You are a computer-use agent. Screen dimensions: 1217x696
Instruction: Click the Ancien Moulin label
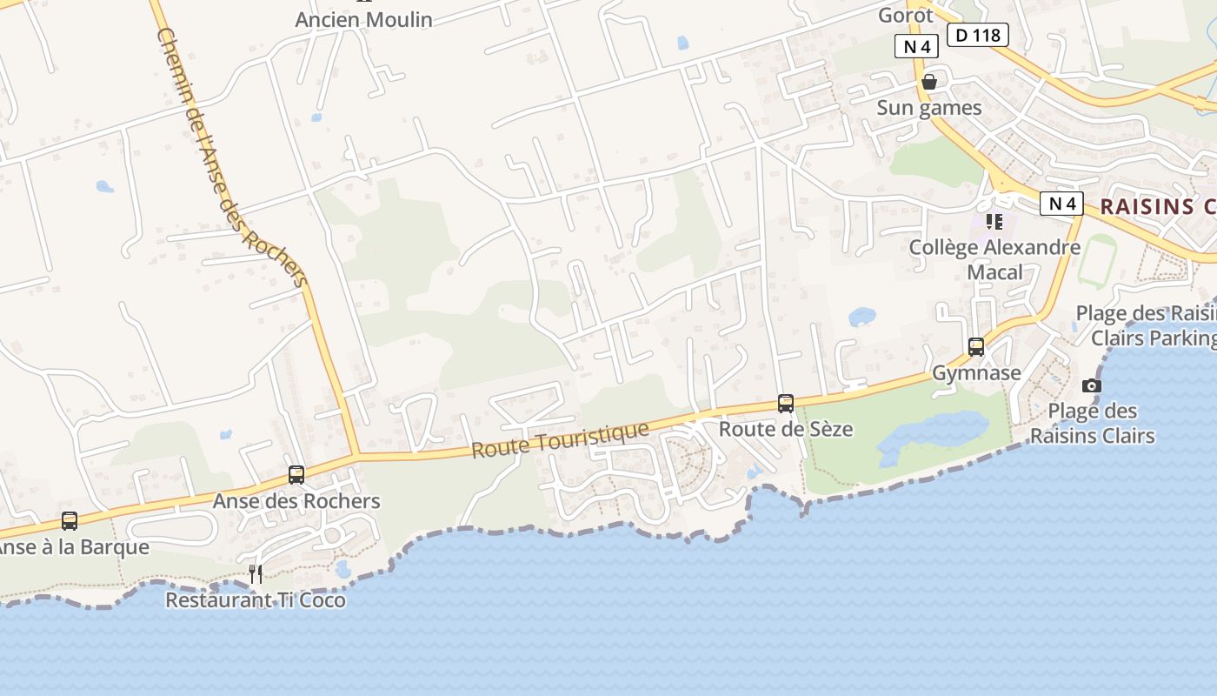[x=363, y=19]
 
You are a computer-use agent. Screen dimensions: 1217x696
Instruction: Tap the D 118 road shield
[x=977, y=35]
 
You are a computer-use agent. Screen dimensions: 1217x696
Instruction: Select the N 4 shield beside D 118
[x=916, y=46]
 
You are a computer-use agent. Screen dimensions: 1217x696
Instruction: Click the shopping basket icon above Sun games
[x=929, y=82]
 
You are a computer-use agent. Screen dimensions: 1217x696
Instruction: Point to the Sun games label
[x=928, y=108]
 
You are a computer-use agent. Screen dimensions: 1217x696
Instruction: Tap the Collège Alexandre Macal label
[x=994, y=259]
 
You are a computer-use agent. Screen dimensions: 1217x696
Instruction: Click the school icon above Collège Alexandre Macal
[x=994, y=222]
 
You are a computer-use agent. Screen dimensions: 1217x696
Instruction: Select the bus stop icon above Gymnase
[x=976, y=347]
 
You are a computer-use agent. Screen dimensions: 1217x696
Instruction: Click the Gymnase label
[x=976, y=373]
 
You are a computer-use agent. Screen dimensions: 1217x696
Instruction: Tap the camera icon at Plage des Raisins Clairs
[x=1092, y=385]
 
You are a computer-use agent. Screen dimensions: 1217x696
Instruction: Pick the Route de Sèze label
[x=786, y=429]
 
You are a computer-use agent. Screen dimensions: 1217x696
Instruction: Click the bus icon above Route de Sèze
[x=786, y=403]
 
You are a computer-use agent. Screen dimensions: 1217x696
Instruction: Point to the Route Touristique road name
[x=560, y=440]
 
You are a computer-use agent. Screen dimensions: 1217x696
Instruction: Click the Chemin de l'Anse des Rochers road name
[x=232, y=157]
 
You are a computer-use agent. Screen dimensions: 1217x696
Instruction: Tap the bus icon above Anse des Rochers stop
[x=296, y=475]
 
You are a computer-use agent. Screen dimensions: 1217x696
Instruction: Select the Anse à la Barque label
[x=73, y=547]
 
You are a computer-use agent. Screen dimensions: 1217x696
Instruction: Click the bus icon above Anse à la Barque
[x=70, y=521]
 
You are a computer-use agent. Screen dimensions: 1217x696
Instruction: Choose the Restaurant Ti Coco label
[x=256, y=600]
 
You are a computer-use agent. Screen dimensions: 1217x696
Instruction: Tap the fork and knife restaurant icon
[x=256, y=573]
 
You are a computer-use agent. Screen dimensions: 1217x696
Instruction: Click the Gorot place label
[x=906, y=14]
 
